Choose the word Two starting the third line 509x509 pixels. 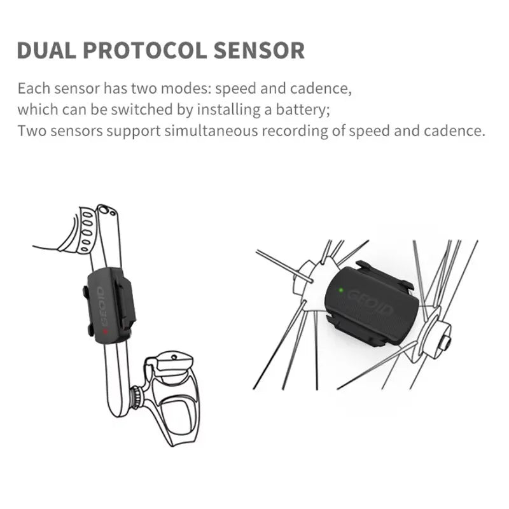pyautogui.click(x=29, y=131)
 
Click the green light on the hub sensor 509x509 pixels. pyautogui.click(x=342, y=291)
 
